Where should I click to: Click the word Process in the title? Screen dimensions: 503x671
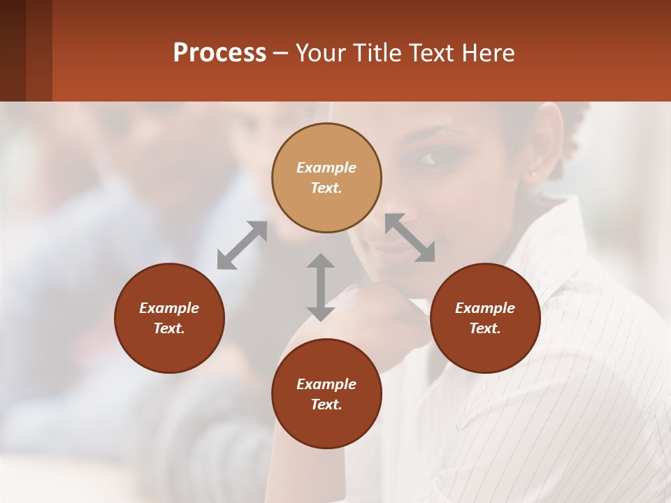coord(219,53)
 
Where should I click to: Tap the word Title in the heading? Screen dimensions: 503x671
coord(378,53)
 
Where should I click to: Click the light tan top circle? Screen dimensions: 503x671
coord(326,177)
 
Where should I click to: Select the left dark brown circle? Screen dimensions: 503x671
coord(169,318)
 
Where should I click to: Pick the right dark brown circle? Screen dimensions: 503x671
coord(485,318)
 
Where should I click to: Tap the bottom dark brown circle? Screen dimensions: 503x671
coord(326,394)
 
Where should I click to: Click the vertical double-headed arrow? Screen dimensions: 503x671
coord(320,287)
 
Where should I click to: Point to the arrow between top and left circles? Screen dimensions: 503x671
coord(242,245)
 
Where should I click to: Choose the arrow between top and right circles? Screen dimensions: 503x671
coord(410,238)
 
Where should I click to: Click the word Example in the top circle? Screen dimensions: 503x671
coord(326,168)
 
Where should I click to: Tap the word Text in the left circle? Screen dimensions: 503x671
coord(169,328)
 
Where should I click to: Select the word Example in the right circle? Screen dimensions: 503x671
coord(485,308)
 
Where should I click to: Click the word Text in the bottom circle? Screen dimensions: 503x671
coord(326,404)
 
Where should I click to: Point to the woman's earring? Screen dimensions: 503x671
coord(534,174)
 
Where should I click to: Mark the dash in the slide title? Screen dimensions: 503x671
coord(280,53)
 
